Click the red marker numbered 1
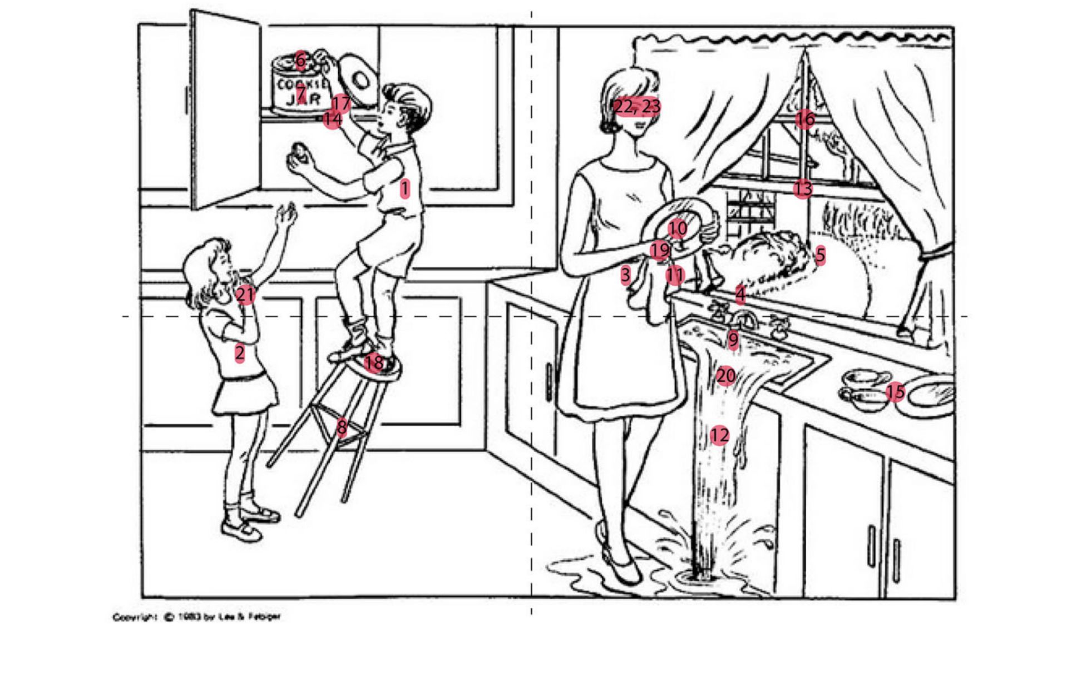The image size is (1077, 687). (x=404, y=189)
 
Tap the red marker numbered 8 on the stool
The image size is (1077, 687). (x=342, y=427)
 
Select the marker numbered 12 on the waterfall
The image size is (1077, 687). (x=719, y=435)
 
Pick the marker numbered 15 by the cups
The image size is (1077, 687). (x=895, y=392)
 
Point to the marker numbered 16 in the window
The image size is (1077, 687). (x=804, y=118)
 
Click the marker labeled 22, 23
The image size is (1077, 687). (x=637, y=107)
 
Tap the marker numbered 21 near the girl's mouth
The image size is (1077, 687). (x=245, y=295)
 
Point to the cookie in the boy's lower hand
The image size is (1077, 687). (x=299, y=152)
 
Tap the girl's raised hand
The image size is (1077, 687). (x=286, y=214)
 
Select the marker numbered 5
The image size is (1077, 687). (x=820, y=256)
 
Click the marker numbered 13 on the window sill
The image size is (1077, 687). (x=802, y=189)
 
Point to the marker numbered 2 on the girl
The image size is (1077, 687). (x=239, y=353)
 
